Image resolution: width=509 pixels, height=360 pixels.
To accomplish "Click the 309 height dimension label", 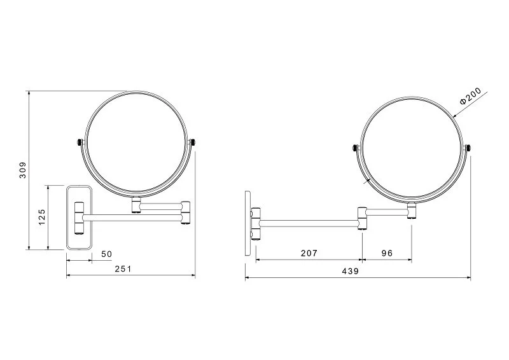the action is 22,170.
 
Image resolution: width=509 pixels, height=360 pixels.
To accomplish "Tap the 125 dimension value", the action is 41,217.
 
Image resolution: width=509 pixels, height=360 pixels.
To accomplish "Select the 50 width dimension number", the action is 106,254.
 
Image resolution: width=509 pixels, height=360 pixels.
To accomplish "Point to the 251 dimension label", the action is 123,269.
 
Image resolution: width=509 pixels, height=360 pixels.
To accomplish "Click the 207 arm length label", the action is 309,253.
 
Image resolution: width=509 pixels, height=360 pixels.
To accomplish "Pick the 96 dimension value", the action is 387,253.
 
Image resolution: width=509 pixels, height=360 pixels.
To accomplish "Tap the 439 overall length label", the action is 351,271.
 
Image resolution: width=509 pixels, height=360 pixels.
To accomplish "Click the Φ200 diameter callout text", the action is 470,96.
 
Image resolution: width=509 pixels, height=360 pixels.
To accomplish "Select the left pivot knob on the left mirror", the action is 79,142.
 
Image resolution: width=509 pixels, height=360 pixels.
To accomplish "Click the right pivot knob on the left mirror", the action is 193,142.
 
